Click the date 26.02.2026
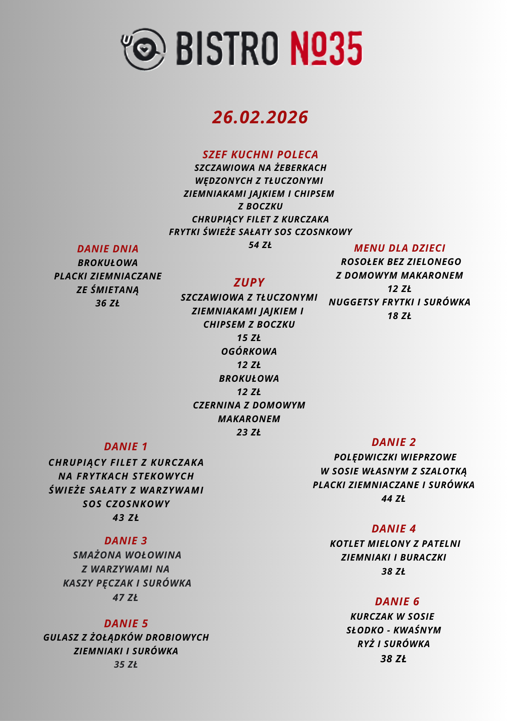(x=260, y=118)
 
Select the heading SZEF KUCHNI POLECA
(x=260, y=155)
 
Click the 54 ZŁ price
(x=260, y=245)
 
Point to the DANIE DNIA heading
(x=108, y=249)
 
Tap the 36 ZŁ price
(x=107, y=304)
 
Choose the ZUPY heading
(x=249, y=282)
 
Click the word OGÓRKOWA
(x=249, y=351)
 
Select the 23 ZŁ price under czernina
(x=249, y=432)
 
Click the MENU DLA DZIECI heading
(x=400, y=248)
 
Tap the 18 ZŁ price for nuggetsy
(x=399, y=316)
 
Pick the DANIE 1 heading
(x=126, y=447)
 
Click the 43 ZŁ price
(x=126, y=518)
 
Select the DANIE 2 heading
(x=394, y=442)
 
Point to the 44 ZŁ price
(x=393, y=499)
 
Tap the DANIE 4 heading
(x=394, y=529)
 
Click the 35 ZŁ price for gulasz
(x=126, y=664)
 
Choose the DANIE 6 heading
(x=397, y=602)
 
